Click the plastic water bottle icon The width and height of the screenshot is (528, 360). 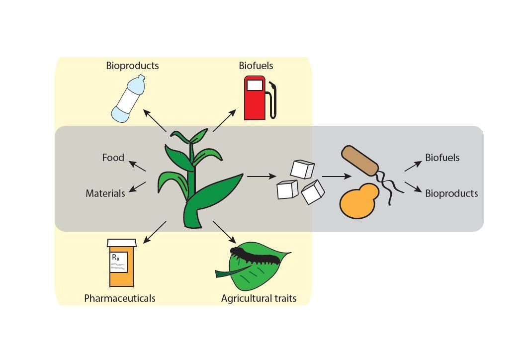127,99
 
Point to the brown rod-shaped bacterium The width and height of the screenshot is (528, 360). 360,161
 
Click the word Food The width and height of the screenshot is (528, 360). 113,158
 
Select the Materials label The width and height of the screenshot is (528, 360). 105,193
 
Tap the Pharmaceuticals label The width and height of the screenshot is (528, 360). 119,298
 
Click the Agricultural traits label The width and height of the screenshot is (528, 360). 259,298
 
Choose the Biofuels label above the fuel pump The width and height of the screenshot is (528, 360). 256,66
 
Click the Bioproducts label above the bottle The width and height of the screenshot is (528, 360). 132,66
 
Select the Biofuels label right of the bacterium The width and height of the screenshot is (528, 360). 442,158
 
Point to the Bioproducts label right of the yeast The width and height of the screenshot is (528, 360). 451,193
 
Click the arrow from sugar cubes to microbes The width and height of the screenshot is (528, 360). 337,176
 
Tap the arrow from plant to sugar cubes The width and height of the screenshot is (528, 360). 262,176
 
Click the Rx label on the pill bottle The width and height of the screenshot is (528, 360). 116,257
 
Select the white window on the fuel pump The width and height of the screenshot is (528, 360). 255,85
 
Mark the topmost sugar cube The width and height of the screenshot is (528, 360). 302,169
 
